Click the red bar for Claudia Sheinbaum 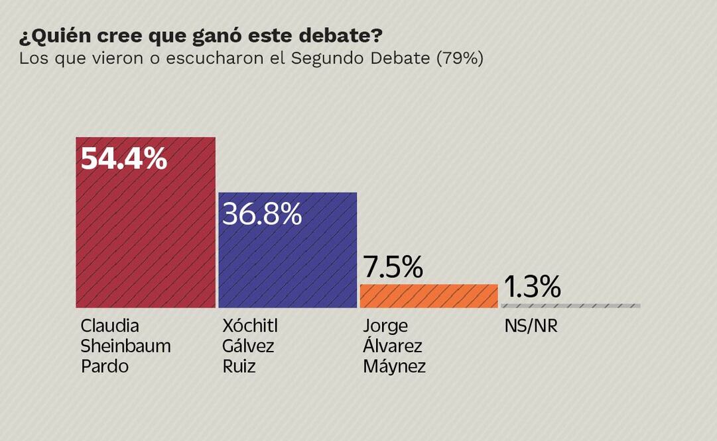(145, 232)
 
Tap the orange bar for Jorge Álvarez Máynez (428, 296)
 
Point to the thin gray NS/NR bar (570, 306)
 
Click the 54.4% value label (123, 159)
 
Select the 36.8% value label (262, 214)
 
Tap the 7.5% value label (393, 267)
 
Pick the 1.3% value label (532, 287)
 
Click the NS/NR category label (531, 326)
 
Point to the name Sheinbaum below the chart (125, 346)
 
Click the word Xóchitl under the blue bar (249, 326)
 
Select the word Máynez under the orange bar (394, 366)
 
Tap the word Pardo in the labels (104, 366)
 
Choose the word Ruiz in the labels (239, 366)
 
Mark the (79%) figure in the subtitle (459, 58)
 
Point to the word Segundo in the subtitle (322, 58)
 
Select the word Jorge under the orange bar (385, 326)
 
